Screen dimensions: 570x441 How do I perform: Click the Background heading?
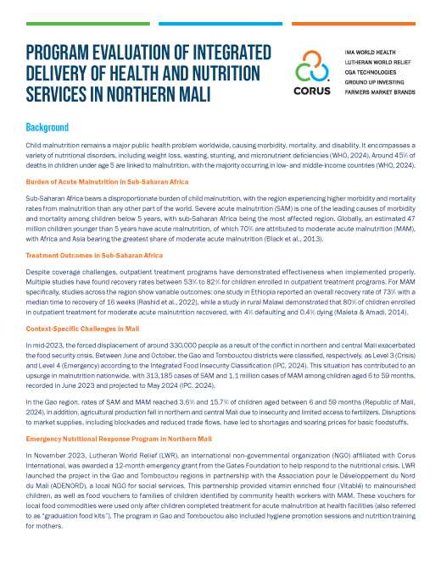coord(47,127)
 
